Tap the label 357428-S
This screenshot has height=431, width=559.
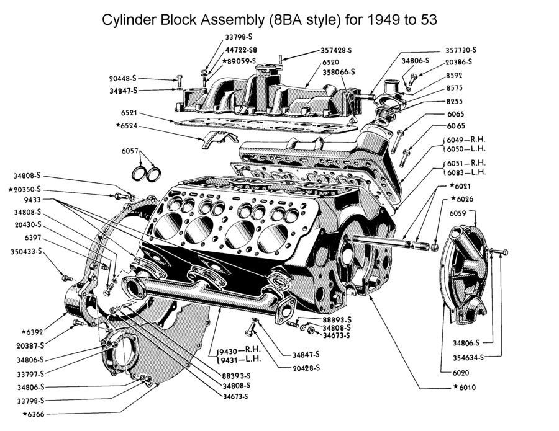click(x=337, y=50)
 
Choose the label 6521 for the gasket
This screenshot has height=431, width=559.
click(x=129, y=113)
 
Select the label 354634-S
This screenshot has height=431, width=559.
click(x=468, y=357)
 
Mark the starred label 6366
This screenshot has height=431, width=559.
click(x=37, y=414)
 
